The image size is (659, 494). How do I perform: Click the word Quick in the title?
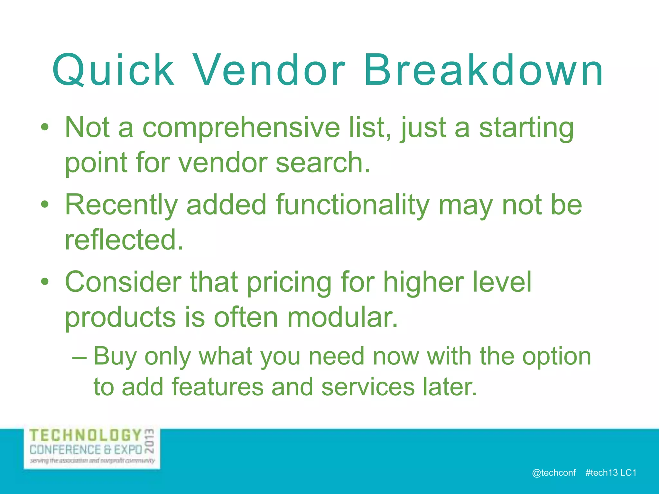[x=113, y=70]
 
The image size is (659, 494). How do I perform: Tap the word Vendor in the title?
[x=270, y=70]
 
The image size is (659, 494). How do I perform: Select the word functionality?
[x=353, y=206]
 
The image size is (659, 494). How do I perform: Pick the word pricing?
[x=289, y=283]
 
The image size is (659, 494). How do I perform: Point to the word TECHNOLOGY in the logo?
[x=86, y=436]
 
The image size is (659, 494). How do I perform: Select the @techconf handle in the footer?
[x=554, y=472]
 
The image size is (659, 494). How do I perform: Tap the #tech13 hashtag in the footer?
[x=601, y=472]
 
